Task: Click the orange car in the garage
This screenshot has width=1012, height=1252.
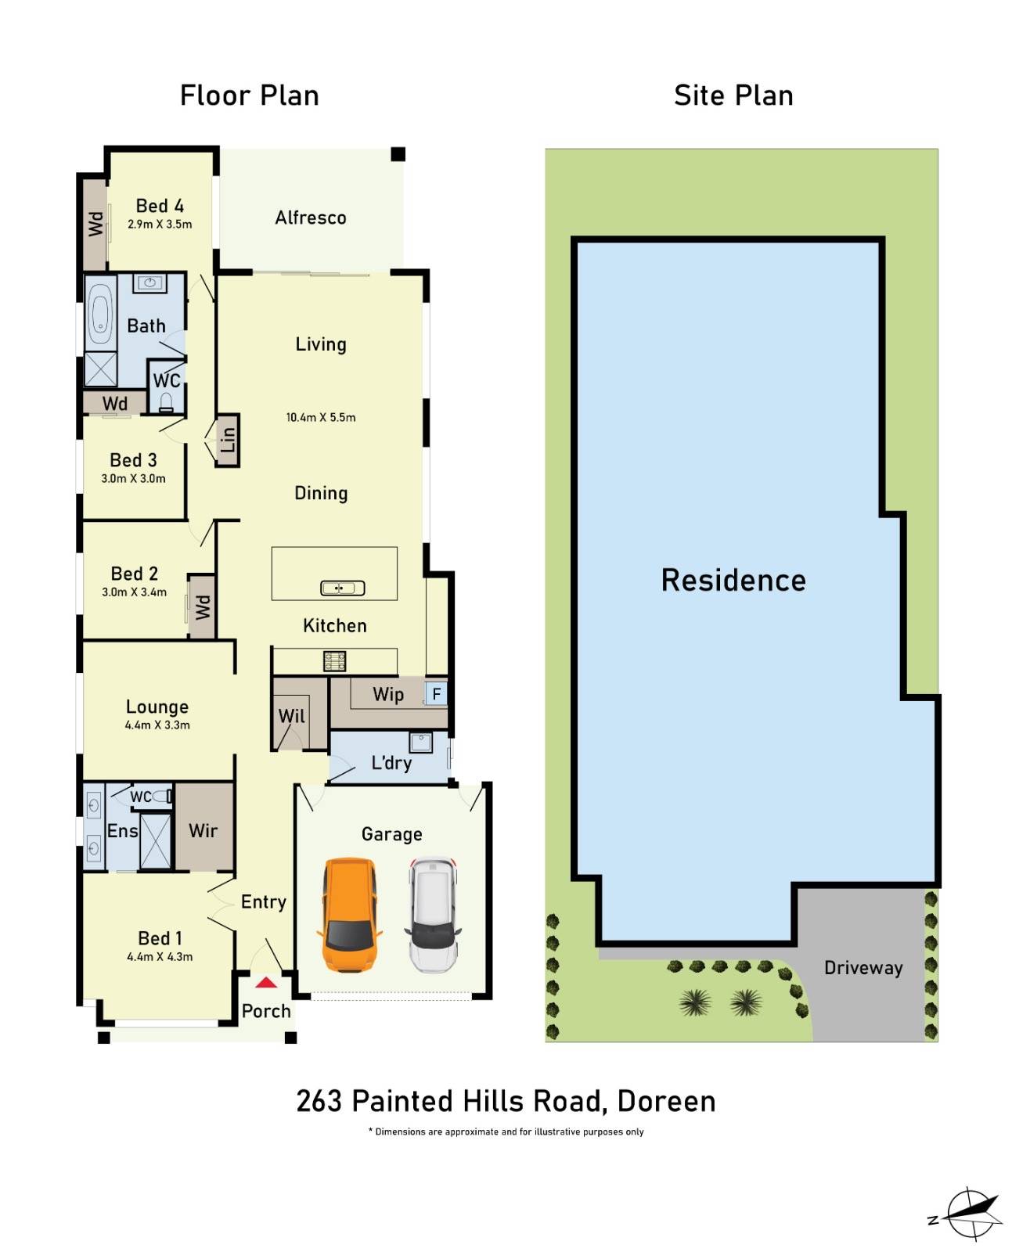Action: (x=349, y=914)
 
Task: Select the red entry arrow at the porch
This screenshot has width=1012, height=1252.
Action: (x=266, y=983)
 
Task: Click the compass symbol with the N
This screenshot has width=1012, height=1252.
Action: (x=971, y=1214)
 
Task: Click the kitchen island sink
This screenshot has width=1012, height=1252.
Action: (x=343, y=588)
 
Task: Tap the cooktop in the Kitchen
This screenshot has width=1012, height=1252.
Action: (x=335, y=661)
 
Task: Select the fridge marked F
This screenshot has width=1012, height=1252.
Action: (x=436, y=693)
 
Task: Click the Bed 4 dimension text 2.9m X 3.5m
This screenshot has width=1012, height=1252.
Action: (x=160, y=225)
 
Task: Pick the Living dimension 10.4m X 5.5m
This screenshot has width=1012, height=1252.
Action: (x=321, y=418)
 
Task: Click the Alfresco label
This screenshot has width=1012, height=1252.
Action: (x=311, y=218)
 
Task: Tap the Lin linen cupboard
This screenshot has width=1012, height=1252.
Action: (x=228, y=441)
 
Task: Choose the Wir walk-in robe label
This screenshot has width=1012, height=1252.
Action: (x=203, y=831)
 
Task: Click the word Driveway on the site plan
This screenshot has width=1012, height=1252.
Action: (x=863, y=968)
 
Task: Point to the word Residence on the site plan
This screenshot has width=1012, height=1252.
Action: (x=733, y=581)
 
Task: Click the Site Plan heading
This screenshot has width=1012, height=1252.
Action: (x=733, y=95)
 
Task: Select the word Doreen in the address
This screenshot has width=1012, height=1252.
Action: (x=666, y=1102)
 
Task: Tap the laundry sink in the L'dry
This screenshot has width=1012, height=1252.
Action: (x=420, y=741)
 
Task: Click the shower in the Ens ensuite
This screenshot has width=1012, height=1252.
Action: (x=155, y=841)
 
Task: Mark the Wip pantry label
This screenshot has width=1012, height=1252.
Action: (x=388, y=695)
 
